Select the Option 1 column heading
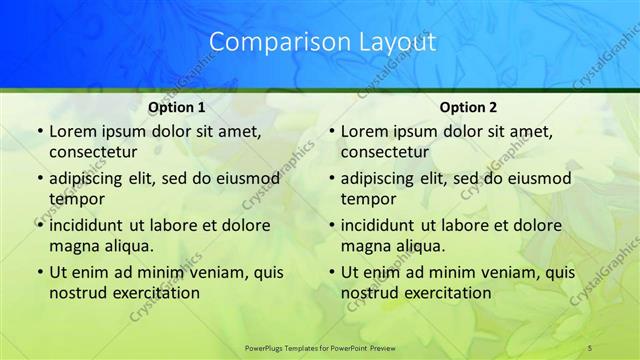pyautogui.click(x=177, y=107)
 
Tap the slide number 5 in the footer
pyautogui.click(x=590, y=346)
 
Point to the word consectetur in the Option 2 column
pyautogui.click(x=385, y=153)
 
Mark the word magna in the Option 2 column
pyautogui.click(x=364, y=246)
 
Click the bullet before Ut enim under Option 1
pyautogui.click(x=38, y=272)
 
